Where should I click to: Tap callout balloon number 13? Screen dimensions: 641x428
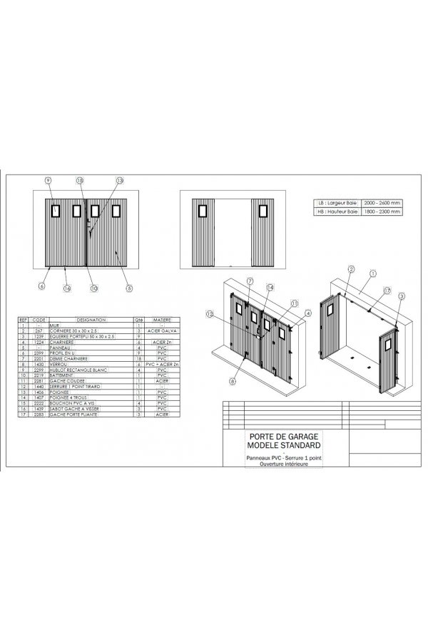(119, 181)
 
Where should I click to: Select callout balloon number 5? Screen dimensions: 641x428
(129, 288)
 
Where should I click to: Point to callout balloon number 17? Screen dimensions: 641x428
(387, 290)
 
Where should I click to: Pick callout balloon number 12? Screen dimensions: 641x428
(210, 314)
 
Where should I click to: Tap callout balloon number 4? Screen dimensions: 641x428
(307, 313)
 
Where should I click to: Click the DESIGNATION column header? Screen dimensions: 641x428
(91, 320)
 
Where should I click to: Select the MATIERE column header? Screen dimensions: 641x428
(160, 320)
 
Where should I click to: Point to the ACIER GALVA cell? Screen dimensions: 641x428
(160, 331)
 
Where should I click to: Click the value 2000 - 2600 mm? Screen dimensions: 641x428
(381, 202)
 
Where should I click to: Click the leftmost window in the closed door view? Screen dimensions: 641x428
(56, 210)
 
